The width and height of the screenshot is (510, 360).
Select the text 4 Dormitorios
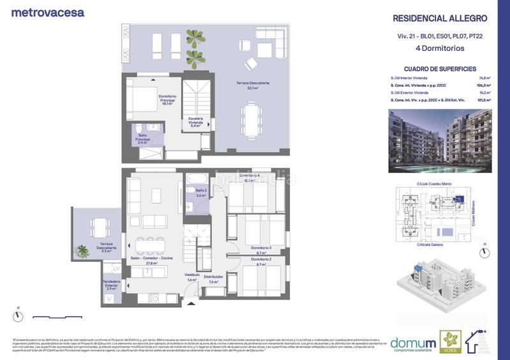pos(440,48)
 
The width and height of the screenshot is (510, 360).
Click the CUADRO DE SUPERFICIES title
pos(440,69)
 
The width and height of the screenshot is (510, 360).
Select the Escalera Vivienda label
pos(195,122)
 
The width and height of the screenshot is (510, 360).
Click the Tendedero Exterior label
pos(111,286)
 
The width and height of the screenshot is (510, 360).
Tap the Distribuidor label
pos(213,279)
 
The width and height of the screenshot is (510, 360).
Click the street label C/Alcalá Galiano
pos(431,245)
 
